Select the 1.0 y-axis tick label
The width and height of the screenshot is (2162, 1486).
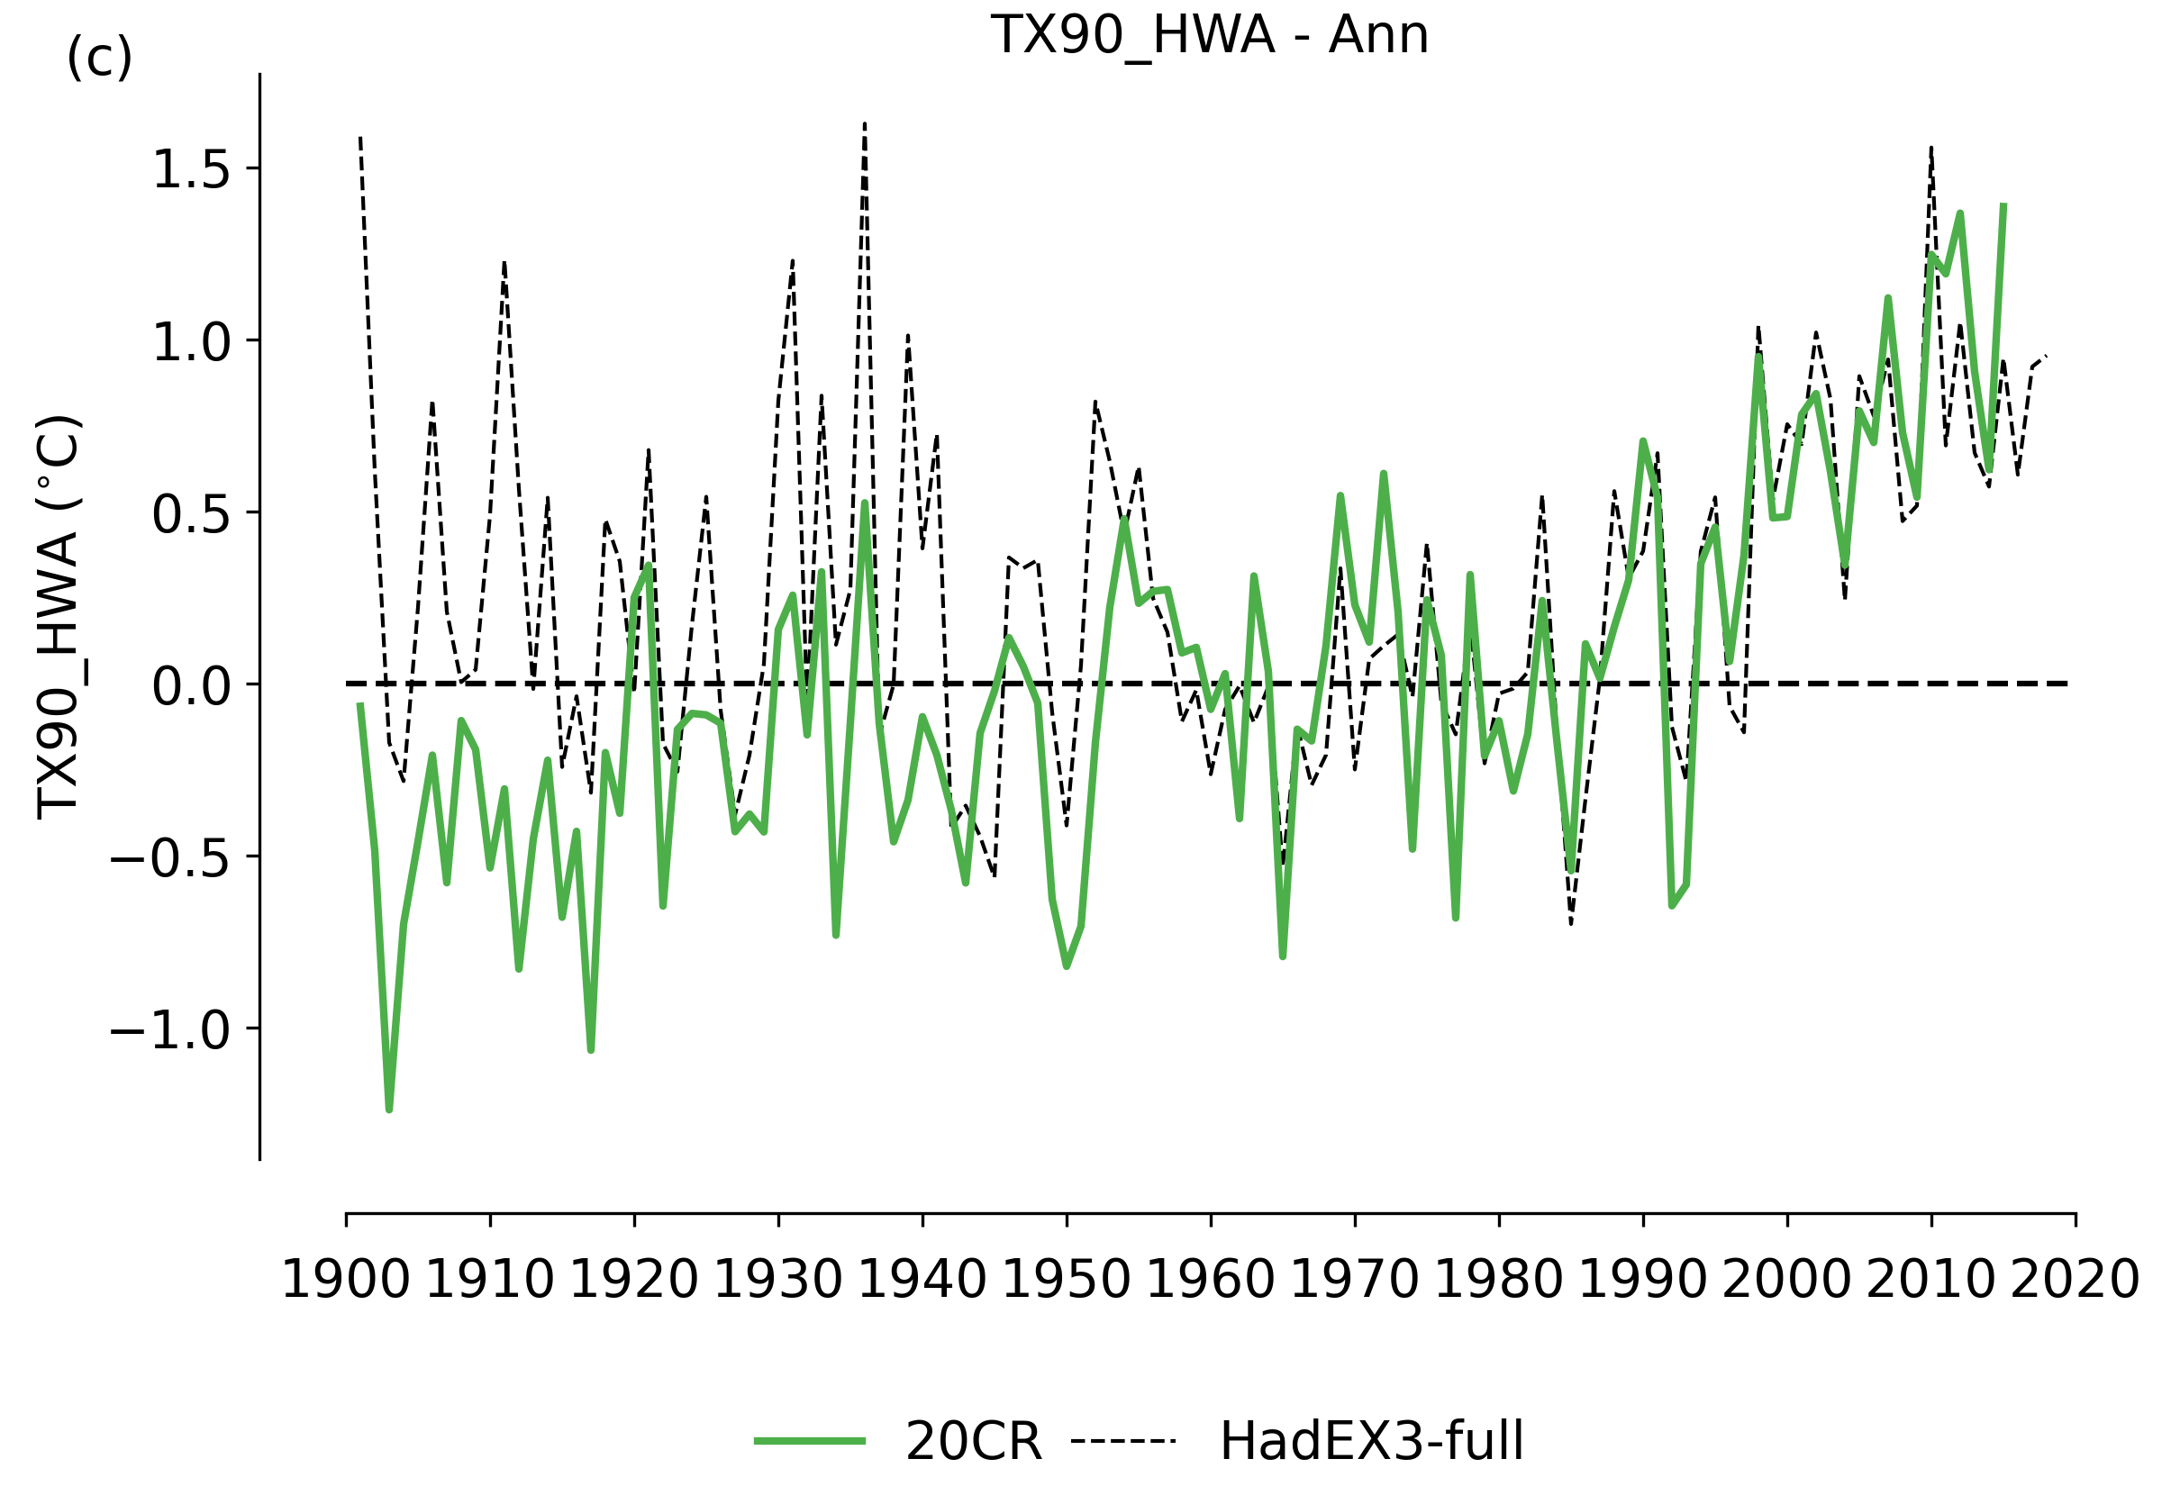tap(191, 342)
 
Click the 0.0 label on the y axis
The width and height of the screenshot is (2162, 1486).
tap(191, 687)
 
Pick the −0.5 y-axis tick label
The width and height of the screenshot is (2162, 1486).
tap(170, 858)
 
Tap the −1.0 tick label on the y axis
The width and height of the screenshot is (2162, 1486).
tap(170, 1030)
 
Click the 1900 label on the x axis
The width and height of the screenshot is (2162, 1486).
tap(345, 1279)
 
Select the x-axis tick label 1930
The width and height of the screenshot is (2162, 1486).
tap(777, 1279)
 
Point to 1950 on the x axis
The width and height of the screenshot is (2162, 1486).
tap(1066, 1279)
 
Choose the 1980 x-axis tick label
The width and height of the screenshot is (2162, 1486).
tap(1498, 1279)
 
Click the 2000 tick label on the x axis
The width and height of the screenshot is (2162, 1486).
tap(1786, 1279)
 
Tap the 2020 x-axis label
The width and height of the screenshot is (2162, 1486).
tap(2075, 1279)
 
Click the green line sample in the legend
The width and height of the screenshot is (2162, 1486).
tap(809, 1441)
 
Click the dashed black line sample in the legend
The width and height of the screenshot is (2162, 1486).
tap(1123, 1441)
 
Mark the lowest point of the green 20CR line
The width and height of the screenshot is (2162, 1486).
tap(389, 1109)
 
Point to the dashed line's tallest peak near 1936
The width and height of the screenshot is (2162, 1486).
tap(865, 124)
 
